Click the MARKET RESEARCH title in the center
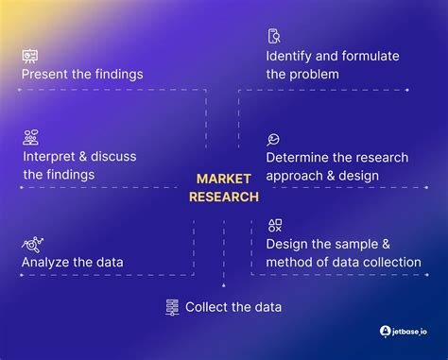coord(223,187)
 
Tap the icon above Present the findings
coord(30,56)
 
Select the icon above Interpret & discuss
coord(30,138)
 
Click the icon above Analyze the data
coord(31,244)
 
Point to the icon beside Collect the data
coord(173,307)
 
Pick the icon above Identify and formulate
coord(274,37)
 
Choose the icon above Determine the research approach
coord(273,139)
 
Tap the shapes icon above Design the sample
coord(274,225)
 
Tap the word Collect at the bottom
coord(207,307)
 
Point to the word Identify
coord(289,56)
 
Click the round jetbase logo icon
coord(386,332)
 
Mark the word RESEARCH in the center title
coord(223,197)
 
